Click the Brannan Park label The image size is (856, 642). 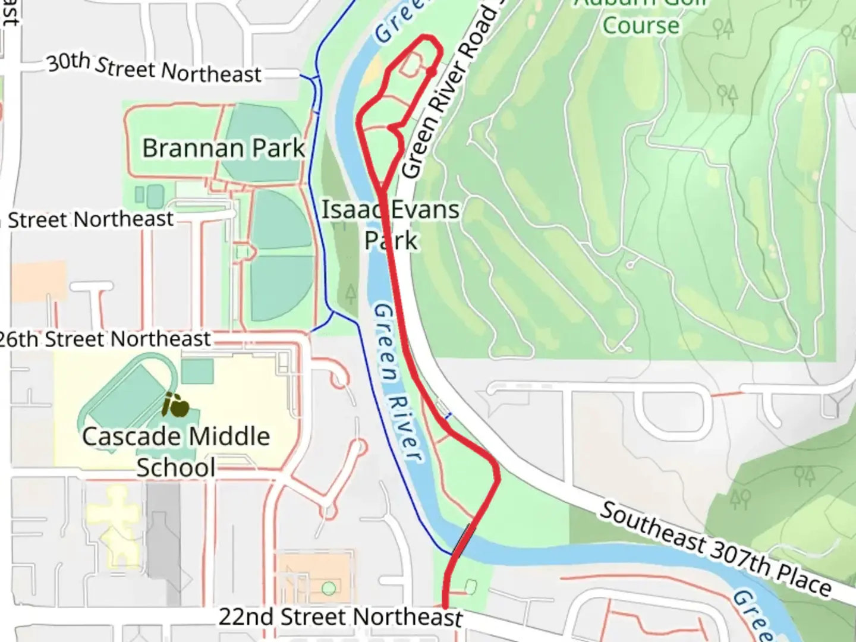click(x=223, y=148)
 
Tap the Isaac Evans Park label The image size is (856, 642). click(x=391, y=225)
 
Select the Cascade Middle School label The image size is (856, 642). click(x=176, y=451)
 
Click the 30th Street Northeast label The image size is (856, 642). click(x=154, y=69)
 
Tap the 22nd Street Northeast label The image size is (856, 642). click(x=340, y=617)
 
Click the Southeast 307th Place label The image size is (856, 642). click(x=715, y=548)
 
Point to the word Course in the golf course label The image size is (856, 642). click(x=640, y=26)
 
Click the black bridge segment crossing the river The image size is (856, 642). click(x=463, y=540)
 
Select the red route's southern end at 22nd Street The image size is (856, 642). click(x=445, y=605)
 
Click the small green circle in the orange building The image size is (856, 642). click(x=328, y=588)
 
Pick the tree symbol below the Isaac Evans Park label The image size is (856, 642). click(x=351, y=292)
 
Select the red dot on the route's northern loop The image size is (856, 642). click(x=432, y=71)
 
